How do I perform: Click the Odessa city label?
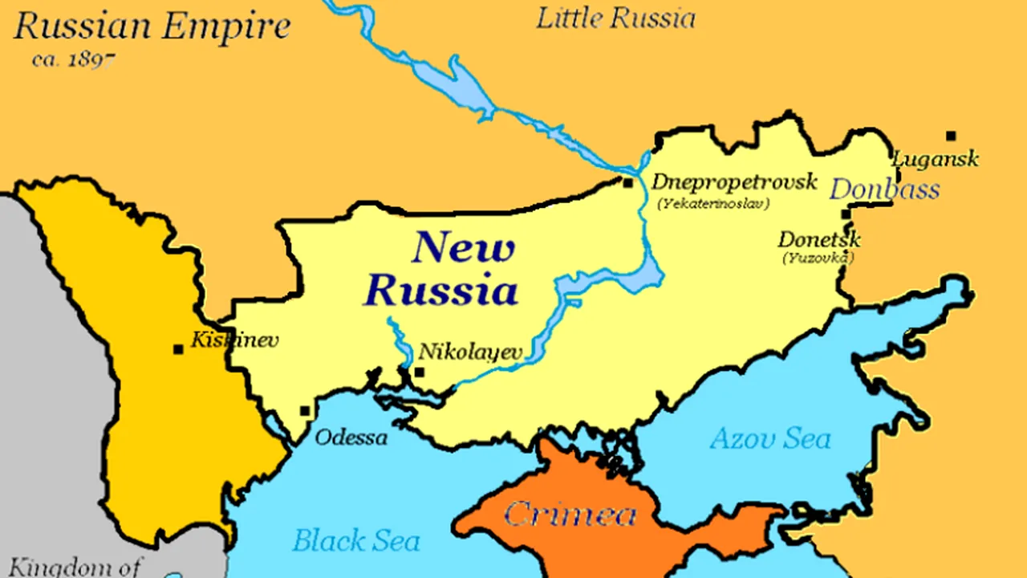(351, 438)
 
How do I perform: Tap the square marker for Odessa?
(305, 411)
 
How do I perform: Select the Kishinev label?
(234, 340)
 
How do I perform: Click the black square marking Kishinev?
(178, 349)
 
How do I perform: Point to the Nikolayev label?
(471, 352)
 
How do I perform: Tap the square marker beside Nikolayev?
(419, 372)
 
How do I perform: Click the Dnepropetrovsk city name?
(733, 182)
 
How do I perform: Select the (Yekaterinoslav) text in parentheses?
(712, 204)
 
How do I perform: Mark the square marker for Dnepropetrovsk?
(628, 183)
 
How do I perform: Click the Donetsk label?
(818, 239)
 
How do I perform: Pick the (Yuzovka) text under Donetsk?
(818, 258)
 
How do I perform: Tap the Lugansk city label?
(936, 159)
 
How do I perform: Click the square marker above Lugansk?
(951, 136)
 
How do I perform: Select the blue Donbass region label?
(883, 189)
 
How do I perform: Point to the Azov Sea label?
(770, 439)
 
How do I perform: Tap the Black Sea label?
(355, 541)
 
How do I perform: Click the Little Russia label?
(615, 18)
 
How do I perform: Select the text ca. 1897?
(74, 59)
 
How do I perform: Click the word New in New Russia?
(463, 248)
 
